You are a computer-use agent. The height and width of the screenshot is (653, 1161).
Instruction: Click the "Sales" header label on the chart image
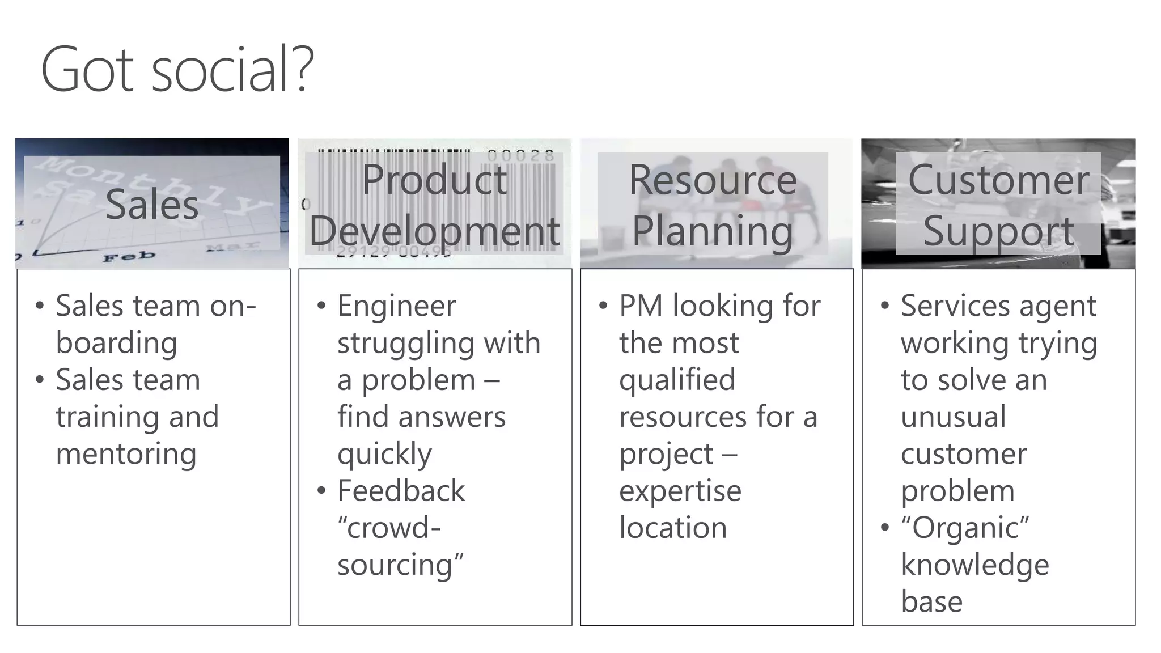pos(152,205)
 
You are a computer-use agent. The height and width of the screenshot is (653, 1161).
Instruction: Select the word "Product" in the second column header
pos(434,180)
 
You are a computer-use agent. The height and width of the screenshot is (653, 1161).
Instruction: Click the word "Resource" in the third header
pos(713,180)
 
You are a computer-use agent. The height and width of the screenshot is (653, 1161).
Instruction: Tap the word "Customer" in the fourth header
pos(998,180)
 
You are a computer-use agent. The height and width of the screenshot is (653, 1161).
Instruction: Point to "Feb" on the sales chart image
pos(129,256)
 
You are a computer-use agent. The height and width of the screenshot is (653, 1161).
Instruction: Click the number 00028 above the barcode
pos(520,155)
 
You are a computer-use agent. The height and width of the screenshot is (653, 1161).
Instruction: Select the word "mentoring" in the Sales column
pos(126,454)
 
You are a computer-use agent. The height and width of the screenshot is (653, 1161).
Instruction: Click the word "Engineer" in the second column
pos(396,306)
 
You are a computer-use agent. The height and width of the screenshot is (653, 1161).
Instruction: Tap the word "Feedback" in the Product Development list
pos(401,491)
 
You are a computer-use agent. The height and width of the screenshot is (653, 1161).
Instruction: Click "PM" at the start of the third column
pos(641,306)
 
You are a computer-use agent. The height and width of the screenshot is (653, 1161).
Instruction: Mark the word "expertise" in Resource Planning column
pos(680,491)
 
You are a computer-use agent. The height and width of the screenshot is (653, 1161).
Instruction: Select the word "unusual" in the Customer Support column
pos(954,417)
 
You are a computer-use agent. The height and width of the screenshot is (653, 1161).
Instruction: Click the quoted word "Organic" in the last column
pos(965,528)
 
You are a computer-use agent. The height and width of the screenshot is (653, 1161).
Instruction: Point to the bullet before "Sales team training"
pos(39,380)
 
